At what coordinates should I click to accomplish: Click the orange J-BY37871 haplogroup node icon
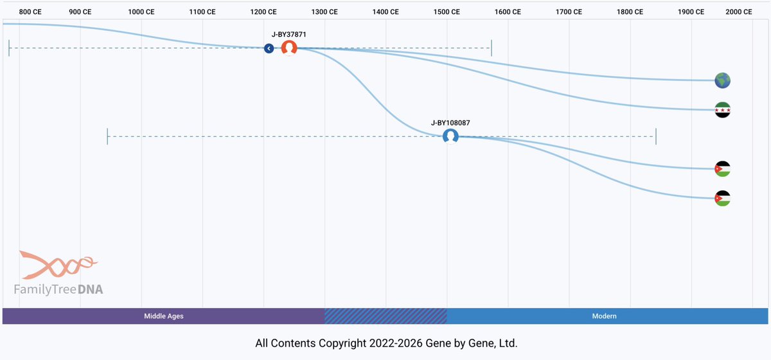coord(289,48)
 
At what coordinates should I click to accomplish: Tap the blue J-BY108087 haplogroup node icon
coord(450,136)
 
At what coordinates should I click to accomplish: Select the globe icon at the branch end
coord(723,80)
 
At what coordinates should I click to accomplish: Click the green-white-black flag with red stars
coord(723,110)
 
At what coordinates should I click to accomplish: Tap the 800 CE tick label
coord(30,12)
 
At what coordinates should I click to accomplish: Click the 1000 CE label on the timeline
coord(141,12)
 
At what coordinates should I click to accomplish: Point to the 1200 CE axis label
coord(263,12)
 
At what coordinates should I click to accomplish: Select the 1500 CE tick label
coord(447,12)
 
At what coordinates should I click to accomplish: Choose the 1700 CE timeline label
coord(569,12)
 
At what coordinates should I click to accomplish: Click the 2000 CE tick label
coord(739,12)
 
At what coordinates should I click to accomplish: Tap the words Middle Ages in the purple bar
coord(164,316)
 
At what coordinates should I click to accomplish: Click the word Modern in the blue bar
coord(604,316)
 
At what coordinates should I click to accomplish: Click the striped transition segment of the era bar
coord(385,316)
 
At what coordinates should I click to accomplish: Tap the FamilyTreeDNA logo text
coord(58,290)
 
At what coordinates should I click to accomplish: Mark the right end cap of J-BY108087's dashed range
coord(656,136)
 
